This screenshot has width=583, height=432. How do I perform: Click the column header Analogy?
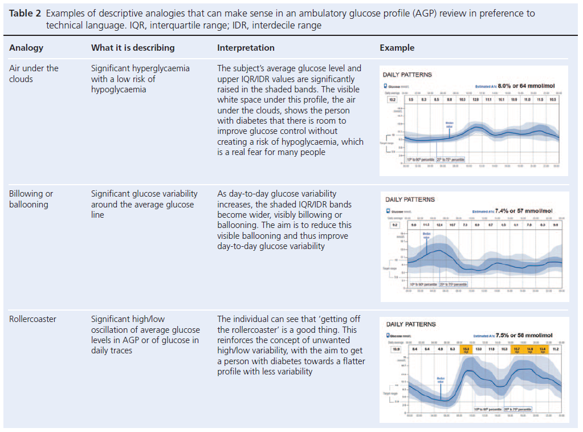[26, 48]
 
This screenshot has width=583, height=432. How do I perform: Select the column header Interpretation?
[246, 48]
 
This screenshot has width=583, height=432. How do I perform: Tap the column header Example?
[397, 48]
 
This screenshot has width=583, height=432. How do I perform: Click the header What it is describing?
[133, 48]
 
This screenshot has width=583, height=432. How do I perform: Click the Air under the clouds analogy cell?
[34, 74]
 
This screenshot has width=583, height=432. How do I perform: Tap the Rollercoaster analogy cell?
[32, 319]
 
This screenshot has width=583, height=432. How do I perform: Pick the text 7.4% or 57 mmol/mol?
[523, 211]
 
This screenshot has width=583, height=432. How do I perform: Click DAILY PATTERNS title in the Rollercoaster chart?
[410, 324]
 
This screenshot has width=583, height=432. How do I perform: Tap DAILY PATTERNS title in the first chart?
[407, 75]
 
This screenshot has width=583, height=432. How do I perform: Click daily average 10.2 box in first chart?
[392, 99]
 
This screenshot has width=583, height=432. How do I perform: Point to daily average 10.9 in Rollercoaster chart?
[395, 348]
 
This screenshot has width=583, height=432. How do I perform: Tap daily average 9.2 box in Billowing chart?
[394, 225]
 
